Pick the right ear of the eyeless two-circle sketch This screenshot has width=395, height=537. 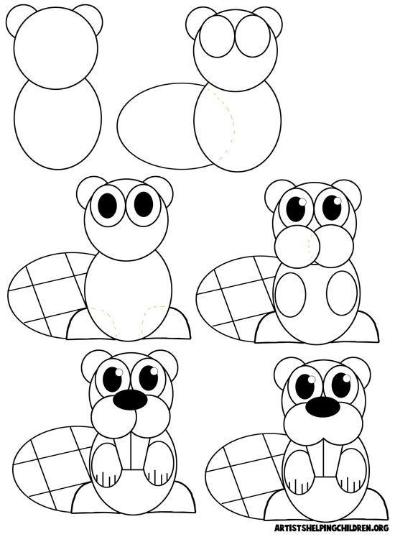(x=88, y=15)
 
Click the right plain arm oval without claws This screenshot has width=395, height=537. (x=340, y=295)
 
